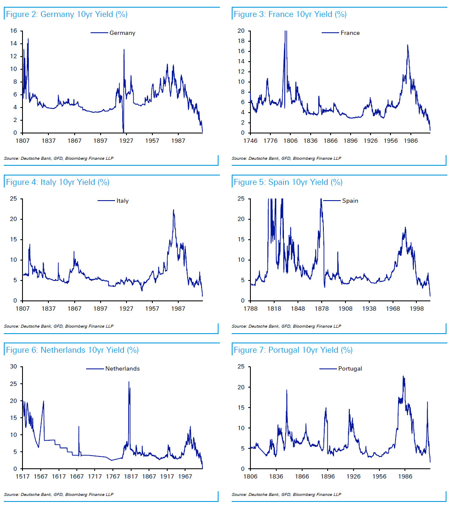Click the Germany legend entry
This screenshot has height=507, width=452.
(x=122, y=33)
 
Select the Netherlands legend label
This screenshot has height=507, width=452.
(x=122, y=368)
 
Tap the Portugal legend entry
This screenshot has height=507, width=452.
(x=350, y=368)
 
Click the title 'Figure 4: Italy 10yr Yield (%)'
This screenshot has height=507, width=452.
(x=58, y=182)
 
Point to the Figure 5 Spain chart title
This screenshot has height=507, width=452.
(x=288, y=182)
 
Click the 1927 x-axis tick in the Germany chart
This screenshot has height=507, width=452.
(x=126, y=141)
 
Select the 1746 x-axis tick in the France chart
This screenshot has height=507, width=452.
(x=250, y=141)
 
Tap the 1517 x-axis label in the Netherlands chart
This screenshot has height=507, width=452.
(x=22, y=476)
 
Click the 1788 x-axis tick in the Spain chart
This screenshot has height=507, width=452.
(x=250, y=309)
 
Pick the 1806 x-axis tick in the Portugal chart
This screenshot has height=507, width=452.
(x=250, y=476)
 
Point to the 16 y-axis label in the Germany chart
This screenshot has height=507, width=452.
(x=14, y=31)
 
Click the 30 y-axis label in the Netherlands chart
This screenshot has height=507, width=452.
(x=14, y=366)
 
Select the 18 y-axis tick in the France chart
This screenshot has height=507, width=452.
(x=241, y=41)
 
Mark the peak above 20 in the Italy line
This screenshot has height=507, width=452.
(x=173, y=210)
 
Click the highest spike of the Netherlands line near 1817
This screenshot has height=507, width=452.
(x=129, y=382)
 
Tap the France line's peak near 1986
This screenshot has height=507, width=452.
(x=407, y=45)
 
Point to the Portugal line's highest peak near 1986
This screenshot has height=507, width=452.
(x=403, y=376)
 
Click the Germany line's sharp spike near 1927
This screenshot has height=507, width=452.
(x=124, y=49)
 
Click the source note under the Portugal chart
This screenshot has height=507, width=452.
(x=286, y=494)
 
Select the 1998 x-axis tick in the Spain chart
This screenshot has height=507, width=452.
(x=417, y=309)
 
